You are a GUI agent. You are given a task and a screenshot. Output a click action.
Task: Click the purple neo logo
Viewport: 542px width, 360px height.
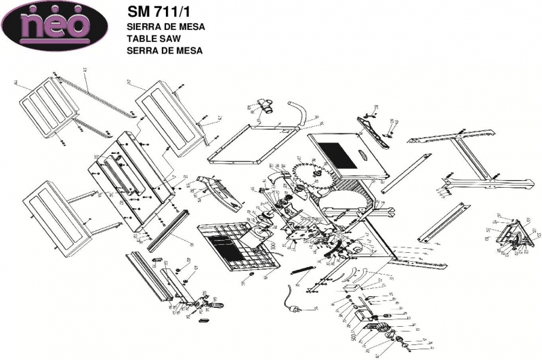[x=55, y=26]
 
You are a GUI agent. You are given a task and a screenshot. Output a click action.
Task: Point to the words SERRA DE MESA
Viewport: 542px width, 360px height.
[x=165, y=50]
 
